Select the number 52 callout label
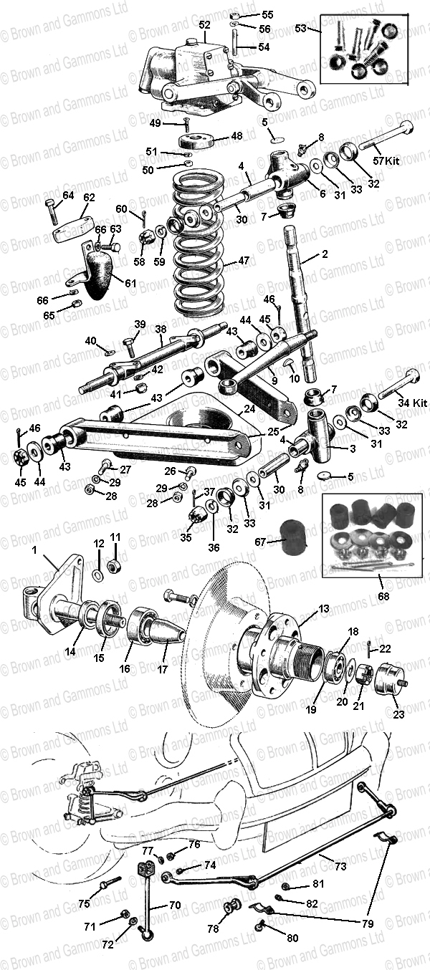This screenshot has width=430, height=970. click(205, 25)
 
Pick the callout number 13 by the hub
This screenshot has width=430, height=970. click(324, 608)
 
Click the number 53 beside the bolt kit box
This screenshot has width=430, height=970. click(300, 28)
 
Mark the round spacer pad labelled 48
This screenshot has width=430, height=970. click(194, 141)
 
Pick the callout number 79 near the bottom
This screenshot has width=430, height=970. click(368, 924)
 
